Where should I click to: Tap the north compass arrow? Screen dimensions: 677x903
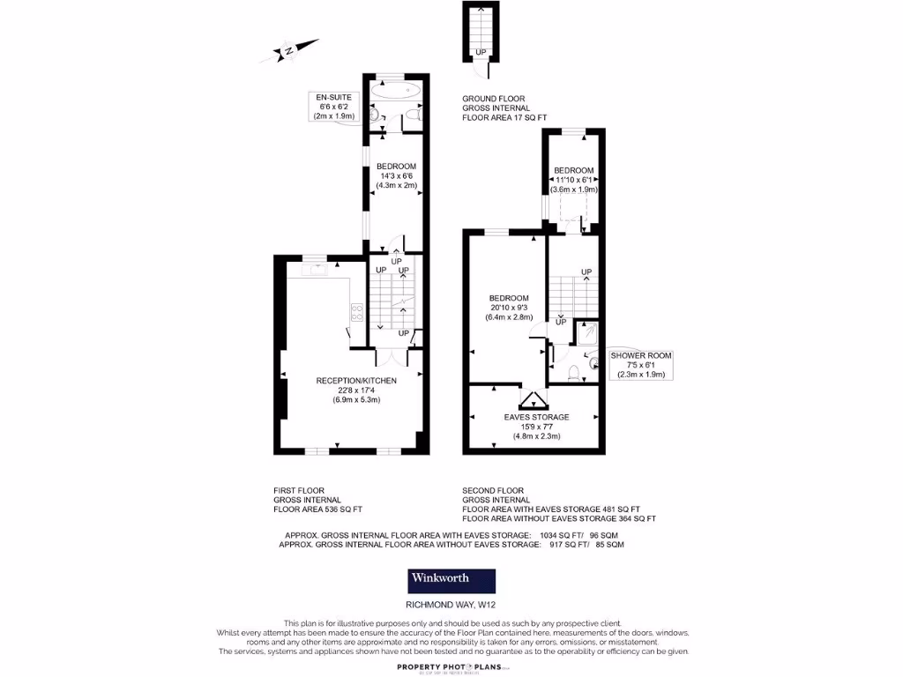(291, 50)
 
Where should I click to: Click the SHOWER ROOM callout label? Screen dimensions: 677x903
(641, 365)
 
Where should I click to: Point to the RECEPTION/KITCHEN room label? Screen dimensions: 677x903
(356, 390)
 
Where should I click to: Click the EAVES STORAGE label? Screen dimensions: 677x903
(536, 426)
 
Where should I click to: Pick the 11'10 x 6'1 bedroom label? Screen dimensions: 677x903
(573, 180)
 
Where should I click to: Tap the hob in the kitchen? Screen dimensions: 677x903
(358, 311)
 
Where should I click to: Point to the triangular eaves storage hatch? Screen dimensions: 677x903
(534, 399)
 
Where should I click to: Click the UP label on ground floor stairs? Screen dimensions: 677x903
(481, 53)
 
